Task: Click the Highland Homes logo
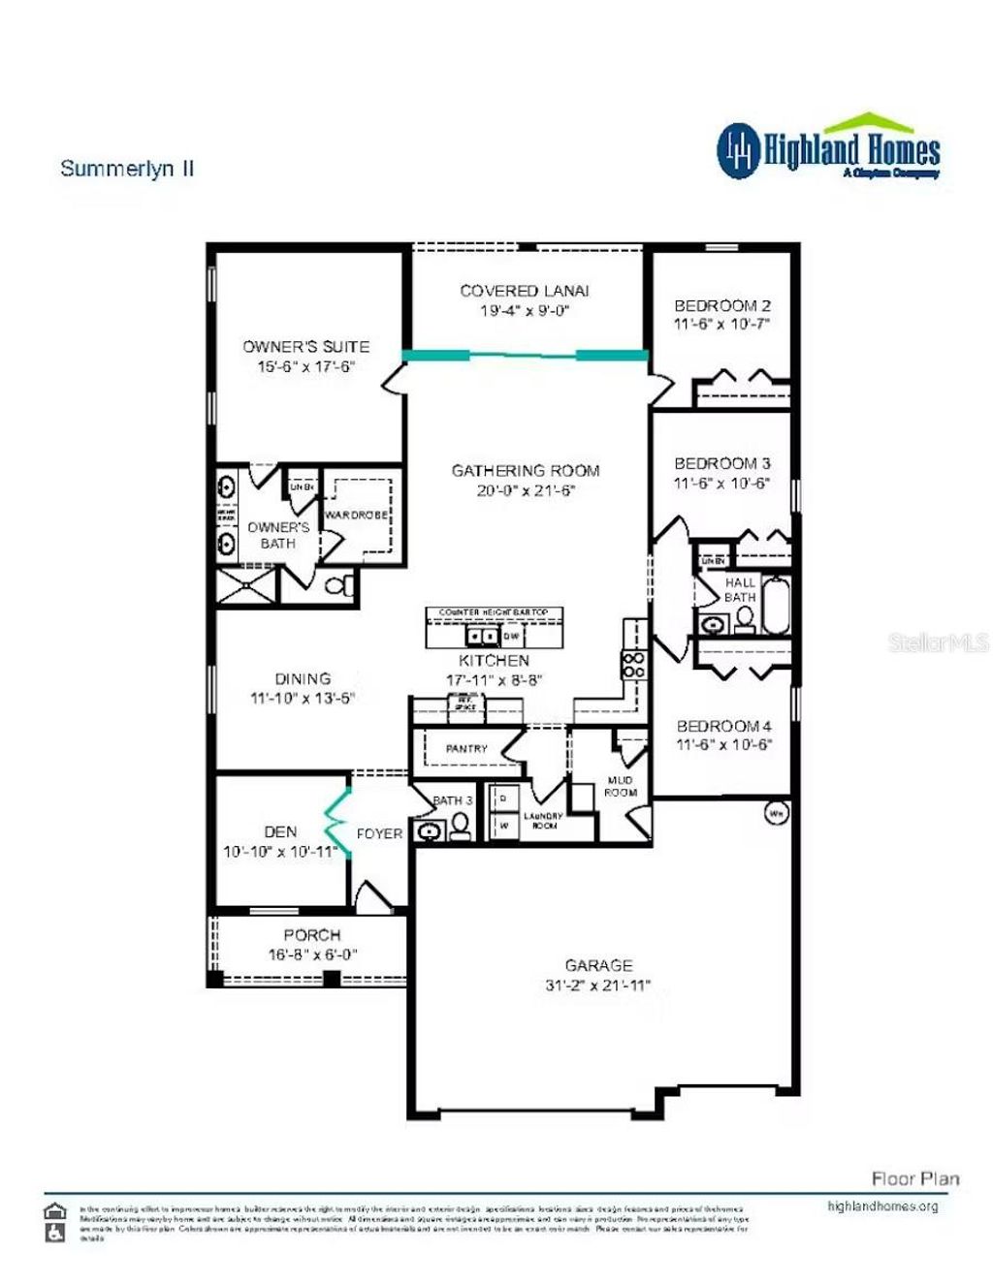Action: coord(829,149)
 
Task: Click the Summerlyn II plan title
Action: coord(127,169)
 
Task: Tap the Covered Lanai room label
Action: coord(524,291)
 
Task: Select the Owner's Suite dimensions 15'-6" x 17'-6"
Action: coord(305,366)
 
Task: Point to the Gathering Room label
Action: coord(526,471)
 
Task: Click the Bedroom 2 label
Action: coord(722,305)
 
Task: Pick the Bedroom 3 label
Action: coord(722,463)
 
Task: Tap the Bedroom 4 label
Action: coord(723,726)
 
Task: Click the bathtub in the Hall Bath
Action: coord(777,606)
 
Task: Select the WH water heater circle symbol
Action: coord(777,813)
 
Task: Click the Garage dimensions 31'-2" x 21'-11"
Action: coord(598,986)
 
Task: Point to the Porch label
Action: coord(311,935)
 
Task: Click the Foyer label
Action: coord(379,833)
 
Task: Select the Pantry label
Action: coord(466,749)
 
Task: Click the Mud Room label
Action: coord(621,786)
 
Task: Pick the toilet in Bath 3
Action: coord(460,827)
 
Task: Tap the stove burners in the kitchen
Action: coord(633,665)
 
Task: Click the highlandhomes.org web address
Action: coord(882,1206)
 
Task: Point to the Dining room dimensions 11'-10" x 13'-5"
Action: coord(303,698)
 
